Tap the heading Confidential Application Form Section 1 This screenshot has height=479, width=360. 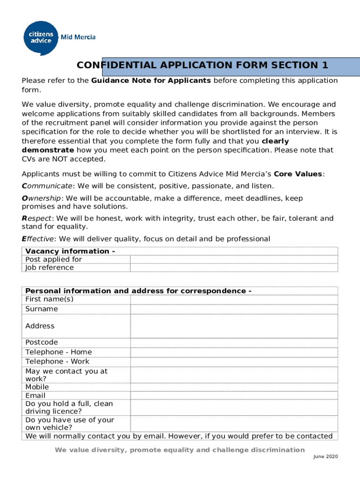click(x=202, y=65)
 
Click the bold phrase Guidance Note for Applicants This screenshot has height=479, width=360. click(x=151, y=80)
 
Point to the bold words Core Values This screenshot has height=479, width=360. click(x=298, y=174)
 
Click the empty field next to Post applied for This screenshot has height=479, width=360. click(x=233, y=260)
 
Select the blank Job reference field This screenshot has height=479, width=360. click(x=233, y=268)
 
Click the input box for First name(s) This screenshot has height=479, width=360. click(x=233, y=299)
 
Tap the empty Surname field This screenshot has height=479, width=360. click(x=233, y=309)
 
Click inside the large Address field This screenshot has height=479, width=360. click(x=233, y=326)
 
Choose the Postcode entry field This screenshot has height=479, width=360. click(x=233, y=342)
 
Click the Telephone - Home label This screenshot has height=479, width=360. click(x=58, y=352)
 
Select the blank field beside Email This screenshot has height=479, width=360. click(x=233, y=396)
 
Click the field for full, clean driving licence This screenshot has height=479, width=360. click(x=233, y=407)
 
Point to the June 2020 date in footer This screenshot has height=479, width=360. click(x=325, y=457)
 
